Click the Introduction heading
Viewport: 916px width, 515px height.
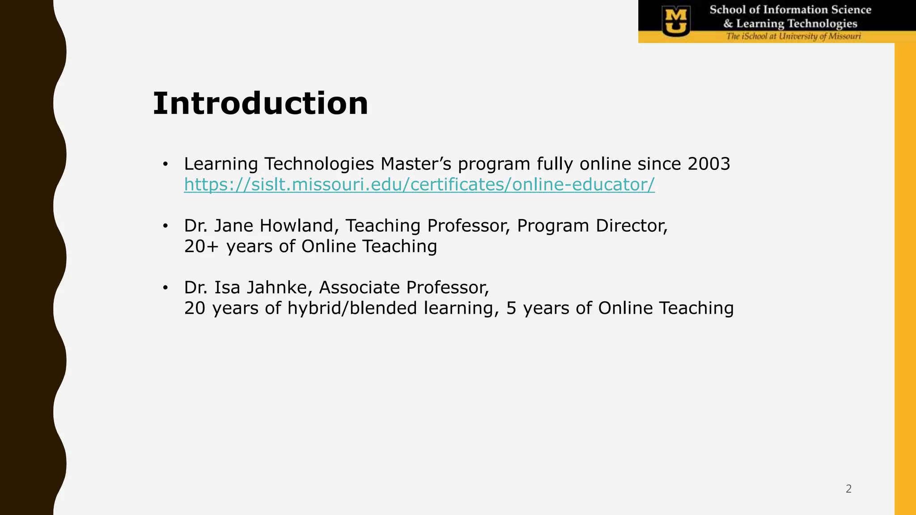point(260,104)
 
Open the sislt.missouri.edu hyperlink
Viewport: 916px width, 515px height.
point(419,185)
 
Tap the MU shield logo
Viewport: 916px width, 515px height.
point(676,21)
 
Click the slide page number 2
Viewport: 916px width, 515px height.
point(848,489)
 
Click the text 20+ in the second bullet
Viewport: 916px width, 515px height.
point(201,246)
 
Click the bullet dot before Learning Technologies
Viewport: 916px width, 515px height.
point(165,165)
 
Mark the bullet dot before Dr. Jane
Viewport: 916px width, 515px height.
point(165,226)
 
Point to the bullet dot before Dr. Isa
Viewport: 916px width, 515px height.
point(165,288)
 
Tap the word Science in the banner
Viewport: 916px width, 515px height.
point(851,10)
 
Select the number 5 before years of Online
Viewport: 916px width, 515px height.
point(511,308)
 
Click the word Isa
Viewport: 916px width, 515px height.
point(227,287)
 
